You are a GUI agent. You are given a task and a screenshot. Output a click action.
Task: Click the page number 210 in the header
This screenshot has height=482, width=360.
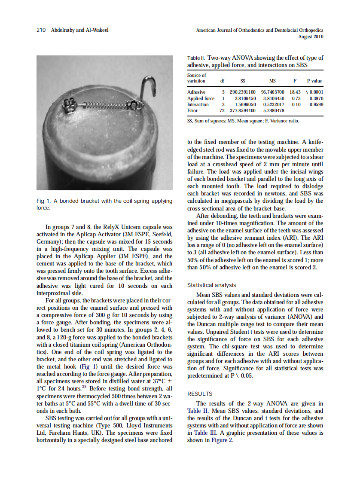coord(41,30)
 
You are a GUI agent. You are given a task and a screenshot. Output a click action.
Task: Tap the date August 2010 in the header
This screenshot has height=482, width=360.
coord(311,37)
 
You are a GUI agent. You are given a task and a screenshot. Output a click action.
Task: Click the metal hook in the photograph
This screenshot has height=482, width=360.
coord(149,88)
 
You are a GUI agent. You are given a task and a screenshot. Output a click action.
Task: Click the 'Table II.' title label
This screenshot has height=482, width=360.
coord(196,58)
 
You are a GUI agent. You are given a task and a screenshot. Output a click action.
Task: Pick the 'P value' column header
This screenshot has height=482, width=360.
coord(314,81)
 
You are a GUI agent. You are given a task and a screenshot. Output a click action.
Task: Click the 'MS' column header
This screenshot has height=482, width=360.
coord(272,81)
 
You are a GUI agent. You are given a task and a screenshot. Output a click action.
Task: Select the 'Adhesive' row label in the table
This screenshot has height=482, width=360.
coord(196,92)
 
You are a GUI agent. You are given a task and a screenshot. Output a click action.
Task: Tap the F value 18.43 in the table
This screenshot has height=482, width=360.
coord(295,92)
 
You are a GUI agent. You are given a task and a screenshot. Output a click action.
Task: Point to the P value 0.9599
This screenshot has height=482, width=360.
coord(316,104)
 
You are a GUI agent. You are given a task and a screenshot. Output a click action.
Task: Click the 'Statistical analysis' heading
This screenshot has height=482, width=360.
coord(211,285)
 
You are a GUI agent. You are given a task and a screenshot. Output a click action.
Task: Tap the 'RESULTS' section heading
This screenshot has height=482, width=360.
coord(200,394)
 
